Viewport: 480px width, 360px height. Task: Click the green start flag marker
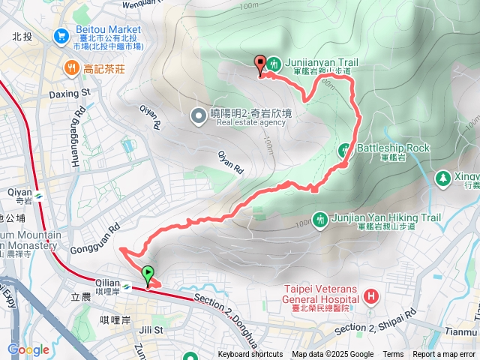148,274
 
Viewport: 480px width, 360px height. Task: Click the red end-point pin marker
261,64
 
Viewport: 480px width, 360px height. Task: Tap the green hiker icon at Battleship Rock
346,148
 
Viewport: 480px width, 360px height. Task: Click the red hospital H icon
370,296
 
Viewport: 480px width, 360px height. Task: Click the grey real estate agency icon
198,115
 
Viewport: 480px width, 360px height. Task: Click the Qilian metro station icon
128,286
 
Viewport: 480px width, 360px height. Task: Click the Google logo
28,350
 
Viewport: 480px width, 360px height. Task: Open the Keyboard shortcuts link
250,355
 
